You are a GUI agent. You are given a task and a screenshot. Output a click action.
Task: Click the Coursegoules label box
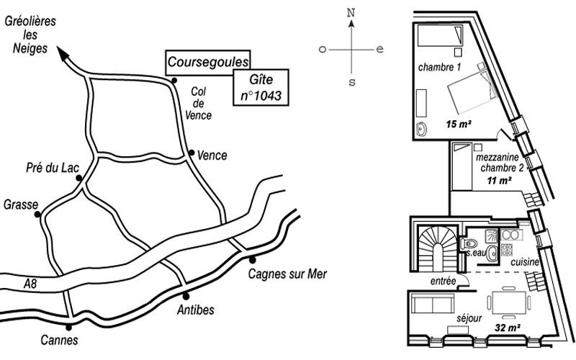pyautogui.click(x=208, y=63)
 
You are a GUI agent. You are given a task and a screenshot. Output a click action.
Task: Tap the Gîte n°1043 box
pyautogui.click(x=261, y=87)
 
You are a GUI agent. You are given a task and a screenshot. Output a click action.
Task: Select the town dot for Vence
pyautogui.click(x=192, y=153)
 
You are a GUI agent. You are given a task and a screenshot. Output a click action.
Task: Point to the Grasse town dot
pyautogui.click(x=37, y=214)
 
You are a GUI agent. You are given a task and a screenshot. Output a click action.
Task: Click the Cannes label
pyautogui.click(x=59, y=340)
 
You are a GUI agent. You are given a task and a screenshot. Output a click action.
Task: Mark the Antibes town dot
pyautogui.click(x=186, y=296)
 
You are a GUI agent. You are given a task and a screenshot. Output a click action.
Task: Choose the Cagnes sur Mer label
pyautogui.click(x=287, y=274)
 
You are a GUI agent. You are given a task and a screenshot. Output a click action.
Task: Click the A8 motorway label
pyautogui.click(x=30, y=284)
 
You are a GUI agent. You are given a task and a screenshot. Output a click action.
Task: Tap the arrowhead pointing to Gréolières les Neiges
pyautogui.click(x=63, y=53)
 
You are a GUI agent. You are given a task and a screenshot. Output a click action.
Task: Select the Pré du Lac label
pyautogui.click(x=53, y=168)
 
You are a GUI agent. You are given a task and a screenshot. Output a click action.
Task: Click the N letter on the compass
pyautogui.click(x=351, y=13)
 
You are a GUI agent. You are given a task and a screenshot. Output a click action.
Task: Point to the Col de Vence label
pyautogui.click(x=199, y=103)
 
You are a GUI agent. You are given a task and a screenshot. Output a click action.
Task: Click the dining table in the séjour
pyautogui.click(x=509, y=302)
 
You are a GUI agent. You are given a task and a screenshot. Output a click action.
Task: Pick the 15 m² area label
pyautogui.click(x=459, y=124)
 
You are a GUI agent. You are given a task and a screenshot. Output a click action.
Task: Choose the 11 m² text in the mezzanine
pyautogui.click(x=499, y=181)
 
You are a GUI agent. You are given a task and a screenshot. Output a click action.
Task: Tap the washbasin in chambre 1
pyautogui.click(x=421, y=130)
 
